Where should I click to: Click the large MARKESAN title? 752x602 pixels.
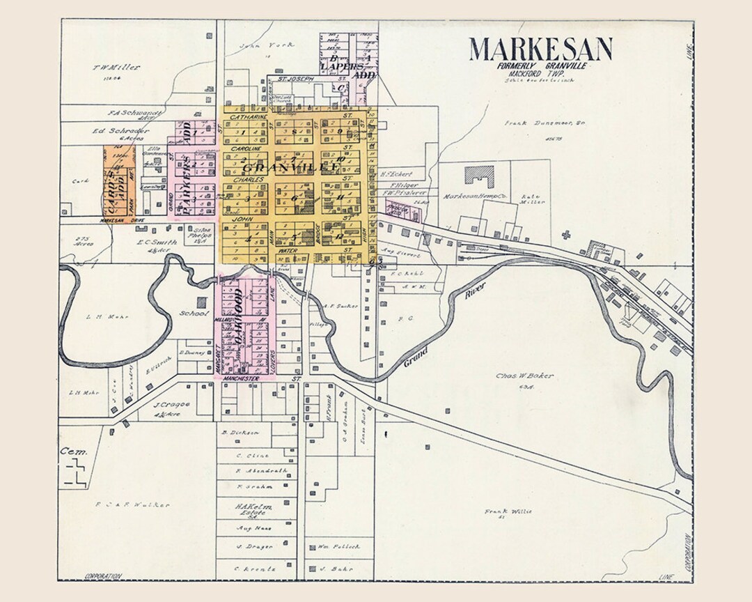(x=540, y=49)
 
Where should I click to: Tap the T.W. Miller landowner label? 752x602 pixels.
(x=116, y=68)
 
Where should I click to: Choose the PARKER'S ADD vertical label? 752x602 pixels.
(x=187, y=169)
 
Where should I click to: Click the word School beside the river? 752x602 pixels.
(x=194, y=314)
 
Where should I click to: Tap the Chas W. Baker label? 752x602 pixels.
(x=524, y=376)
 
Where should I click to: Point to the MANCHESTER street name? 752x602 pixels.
(x=242, y=378)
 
